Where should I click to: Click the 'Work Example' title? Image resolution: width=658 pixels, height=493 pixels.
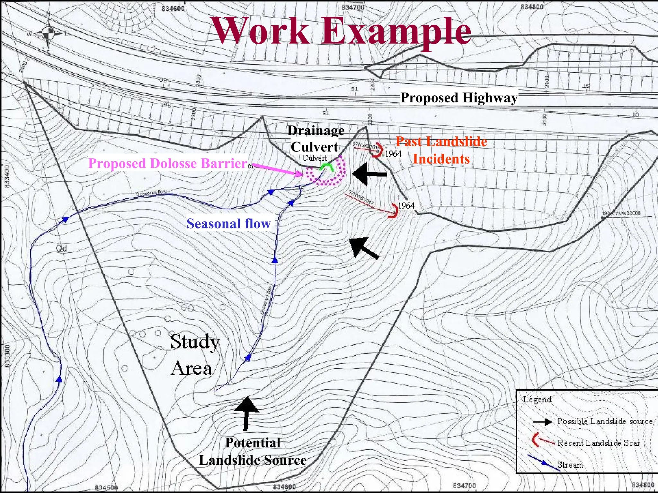pos(342,31)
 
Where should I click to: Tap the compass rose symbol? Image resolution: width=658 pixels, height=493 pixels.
pos(49,32)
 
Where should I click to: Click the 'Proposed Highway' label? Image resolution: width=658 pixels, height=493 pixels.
pos(459,98)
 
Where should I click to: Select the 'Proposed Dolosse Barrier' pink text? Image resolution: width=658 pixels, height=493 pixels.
pos(168,163)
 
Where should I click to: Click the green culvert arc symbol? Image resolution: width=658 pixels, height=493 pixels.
pos(327,167)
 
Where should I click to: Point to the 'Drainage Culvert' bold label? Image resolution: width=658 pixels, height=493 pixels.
pos(315,139)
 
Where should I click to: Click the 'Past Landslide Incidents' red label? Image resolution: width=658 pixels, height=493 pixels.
pos(441,150)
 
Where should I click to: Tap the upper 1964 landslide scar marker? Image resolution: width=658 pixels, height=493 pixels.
pos(378,150)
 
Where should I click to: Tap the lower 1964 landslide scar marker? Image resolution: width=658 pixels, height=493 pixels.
pos(394,211)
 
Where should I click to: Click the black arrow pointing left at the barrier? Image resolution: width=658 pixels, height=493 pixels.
pos(369,174)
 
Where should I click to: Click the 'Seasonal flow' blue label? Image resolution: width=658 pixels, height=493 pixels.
pos(228,223)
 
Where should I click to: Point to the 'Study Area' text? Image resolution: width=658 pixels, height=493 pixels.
pos(194,354)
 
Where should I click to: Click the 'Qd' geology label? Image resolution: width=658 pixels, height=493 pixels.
pos(61,248)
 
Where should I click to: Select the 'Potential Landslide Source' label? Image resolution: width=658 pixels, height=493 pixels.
pos(253,451)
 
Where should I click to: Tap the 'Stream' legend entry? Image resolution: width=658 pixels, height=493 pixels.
pos(570,464)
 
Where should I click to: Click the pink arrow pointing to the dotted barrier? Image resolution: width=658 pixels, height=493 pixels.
pos(278,170)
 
